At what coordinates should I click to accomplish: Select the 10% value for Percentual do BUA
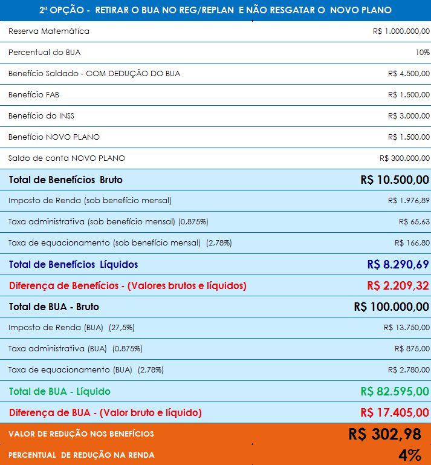pyautogui.click(x=422, y=53)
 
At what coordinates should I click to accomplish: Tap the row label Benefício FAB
pyautogui.click(x=34, y=95)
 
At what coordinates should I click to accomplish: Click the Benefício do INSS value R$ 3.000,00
pyautogui.click(x=409, y=116)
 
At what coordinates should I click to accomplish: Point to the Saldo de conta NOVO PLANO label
pyautogui.click(x=66, y=158)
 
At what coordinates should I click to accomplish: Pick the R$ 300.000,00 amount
pyautogui.click(x=404, y=158)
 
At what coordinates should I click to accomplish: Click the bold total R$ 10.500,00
pyautogui.click(x=395, y=180)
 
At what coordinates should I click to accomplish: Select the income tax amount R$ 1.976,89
pyautogui.click(x=409, y=201)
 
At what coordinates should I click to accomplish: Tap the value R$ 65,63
pyautogui.click(x=414, y=222)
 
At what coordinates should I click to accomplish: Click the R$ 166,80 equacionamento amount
pyautogui.click(x=412, y=243)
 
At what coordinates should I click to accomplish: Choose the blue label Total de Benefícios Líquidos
pyautogui.click(x=73, y=264)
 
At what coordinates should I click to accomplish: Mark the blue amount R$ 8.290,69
pyautogui.click(x=398, y=264)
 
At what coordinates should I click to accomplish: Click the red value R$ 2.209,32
pyautogui.click(x=398, y=285)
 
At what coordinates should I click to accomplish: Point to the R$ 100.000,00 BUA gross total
pyautogui.click(x=391, y=307)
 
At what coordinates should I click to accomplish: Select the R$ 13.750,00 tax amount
pyautogui.click(x=406, y=328)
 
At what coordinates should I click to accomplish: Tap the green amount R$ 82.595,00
pyautogui.click(x=395, y=391)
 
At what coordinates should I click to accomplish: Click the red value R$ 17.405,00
pyautogui.click(x=395, y=412)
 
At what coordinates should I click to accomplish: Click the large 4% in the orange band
pyautogui.click(x=409, y=455)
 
